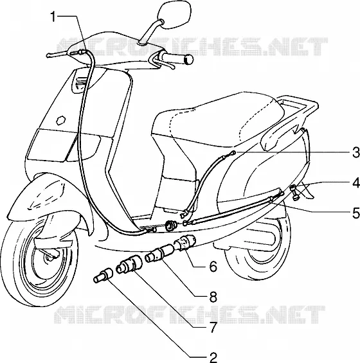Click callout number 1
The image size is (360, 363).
pyautogui.click(x=53, y=17)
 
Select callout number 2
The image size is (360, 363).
pyautogui.click(x=213, y=357)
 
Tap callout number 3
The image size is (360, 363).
pyautogui.click(x=355, y=153)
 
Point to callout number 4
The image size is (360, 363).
pyautogui.click(x=356, y=182)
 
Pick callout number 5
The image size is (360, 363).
pyautogui.click(x=356, y=213)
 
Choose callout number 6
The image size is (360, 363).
pyautogui.click(x=213, y=267)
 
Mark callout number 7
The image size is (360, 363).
pyautogui.click(x=213, y=327)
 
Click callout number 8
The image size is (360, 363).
pyautogui.click(x=213, y=297)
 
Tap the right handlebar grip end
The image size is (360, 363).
pyautogui.click(x=188, y=59)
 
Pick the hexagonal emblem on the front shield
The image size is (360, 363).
pyautogui.click(x=61, y=120)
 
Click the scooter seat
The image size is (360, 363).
pyautogui.click(x=218, y=120)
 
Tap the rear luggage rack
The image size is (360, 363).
pyautogui.click(x=299, y=107)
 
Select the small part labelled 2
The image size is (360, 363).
pyautogui.click(x=103, y=275)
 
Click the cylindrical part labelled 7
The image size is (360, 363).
pyautogui.click(x=129, y=264)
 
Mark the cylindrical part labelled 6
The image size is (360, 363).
pyautogui.click(x=184, y=242)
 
